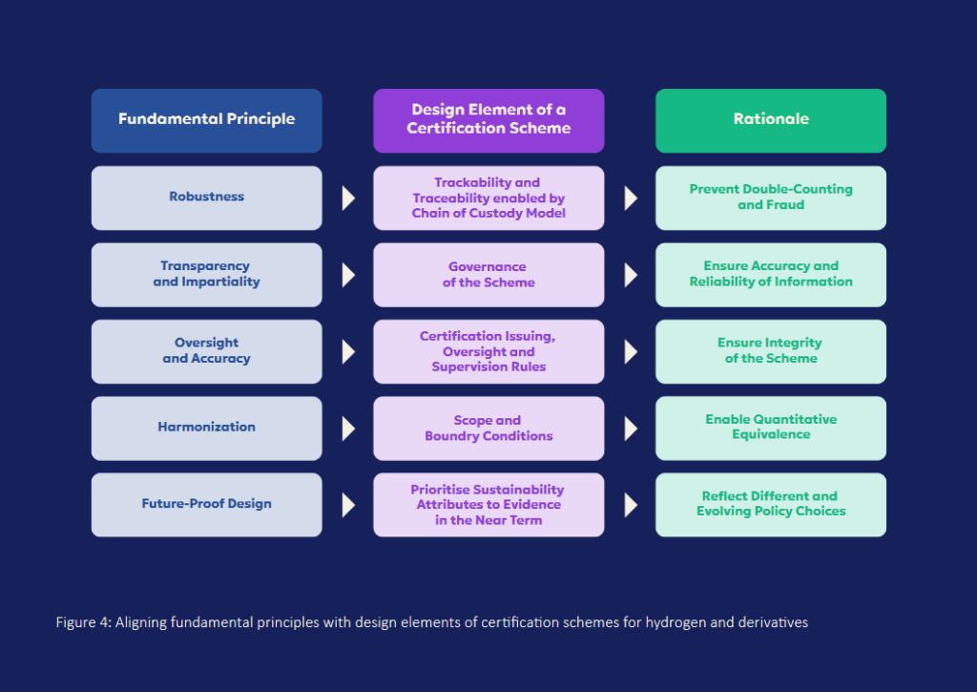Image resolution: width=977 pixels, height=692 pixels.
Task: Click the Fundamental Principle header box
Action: click(x=206, y=120)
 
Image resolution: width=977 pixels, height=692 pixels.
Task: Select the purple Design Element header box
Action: click(x=488, y=120)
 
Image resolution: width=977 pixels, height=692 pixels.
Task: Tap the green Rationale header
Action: click(x=770, y=120)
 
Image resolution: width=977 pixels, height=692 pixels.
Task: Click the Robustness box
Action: click(x=206, y=198)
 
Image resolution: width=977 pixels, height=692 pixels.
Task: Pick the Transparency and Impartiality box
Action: click(x=206, y=275)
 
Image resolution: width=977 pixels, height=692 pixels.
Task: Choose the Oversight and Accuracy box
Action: click(x=206, y=351)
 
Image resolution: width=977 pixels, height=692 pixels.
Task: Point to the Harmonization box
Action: click(x=206, y=428)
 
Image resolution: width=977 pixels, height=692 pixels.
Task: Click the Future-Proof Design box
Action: click(x=206, y=504)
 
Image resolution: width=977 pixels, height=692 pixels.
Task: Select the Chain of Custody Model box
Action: click(x=488, y=198)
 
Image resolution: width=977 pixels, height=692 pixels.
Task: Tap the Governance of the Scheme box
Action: click(x=488, y=275)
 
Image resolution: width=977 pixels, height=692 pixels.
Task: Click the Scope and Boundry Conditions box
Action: click(x=488, y=428)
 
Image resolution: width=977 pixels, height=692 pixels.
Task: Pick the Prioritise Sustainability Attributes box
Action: click(x=488, y=504)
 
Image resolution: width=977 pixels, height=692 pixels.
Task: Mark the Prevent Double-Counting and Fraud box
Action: click(x=770, y=198)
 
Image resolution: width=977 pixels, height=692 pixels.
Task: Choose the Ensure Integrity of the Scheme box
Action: click(x=770, y=351)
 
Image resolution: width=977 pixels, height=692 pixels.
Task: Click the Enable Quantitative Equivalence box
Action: click(x=770, y=428)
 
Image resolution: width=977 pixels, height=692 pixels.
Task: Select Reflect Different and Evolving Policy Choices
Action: click(x=770, y=504)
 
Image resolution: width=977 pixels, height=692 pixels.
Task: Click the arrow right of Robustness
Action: click(x=348, y=198)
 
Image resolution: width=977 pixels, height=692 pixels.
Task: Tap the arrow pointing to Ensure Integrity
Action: click(x=630, y=351)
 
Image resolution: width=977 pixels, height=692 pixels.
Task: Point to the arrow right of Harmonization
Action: click(x=348, y=428)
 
